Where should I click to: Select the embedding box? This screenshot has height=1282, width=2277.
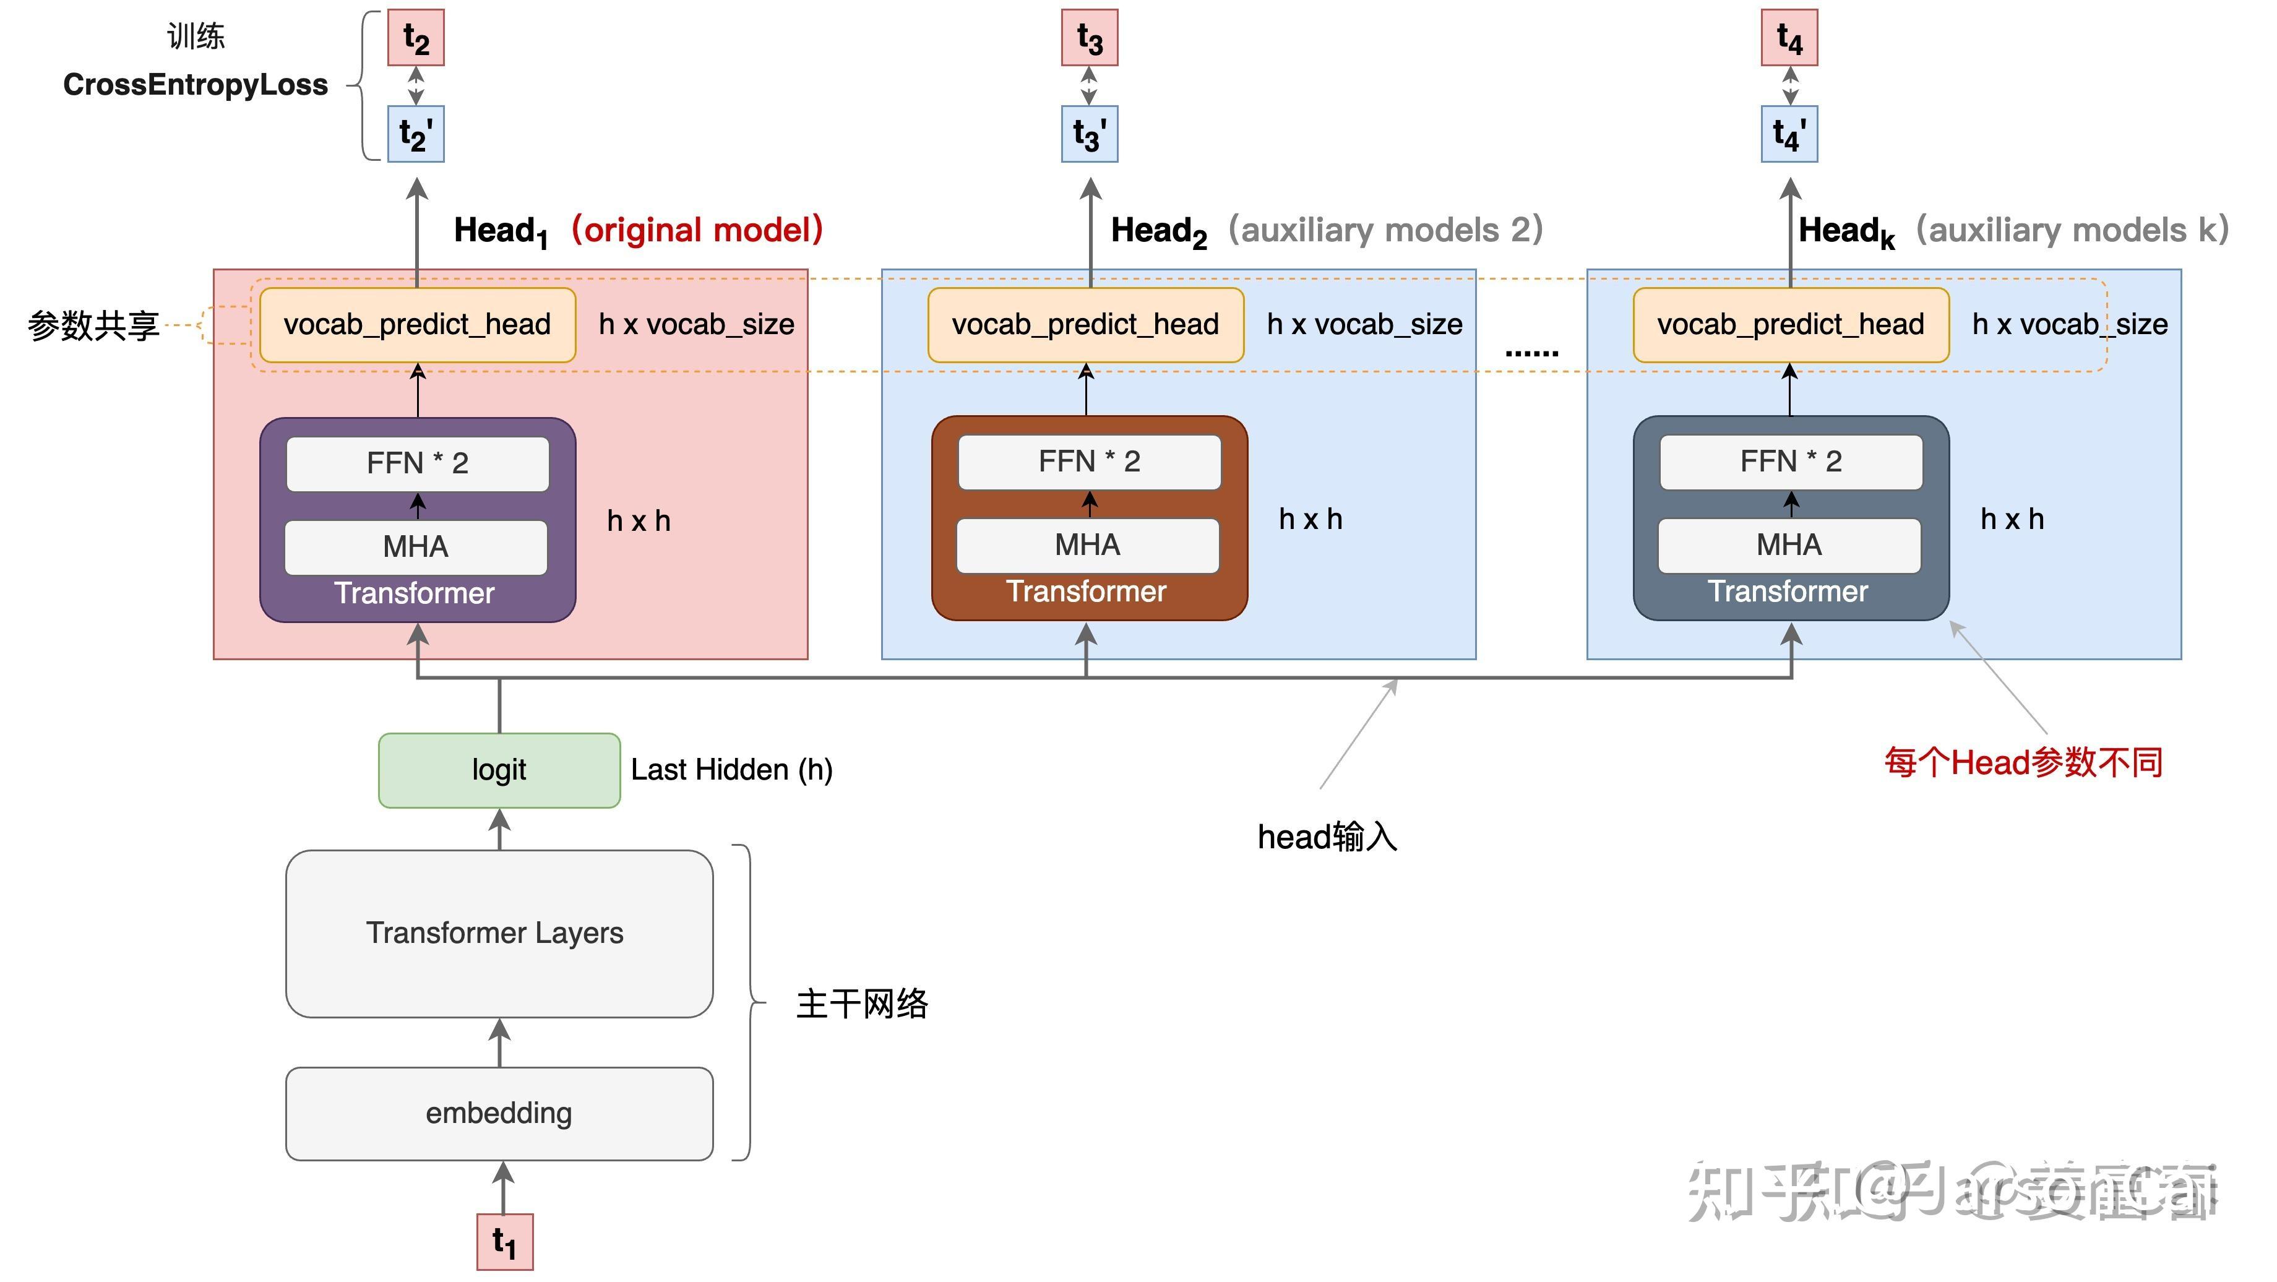pyautogui.click(x=499, y=1113)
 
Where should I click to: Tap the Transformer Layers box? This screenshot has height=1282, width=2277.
pyautogui.click(x=499, y=933)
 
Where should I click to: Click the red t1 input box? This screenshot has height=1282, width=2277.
pyautogui.click(x=505, y=1241)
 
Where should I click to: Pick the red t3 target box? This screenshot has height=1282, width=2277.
pyautogui.click(x=1090, y=38)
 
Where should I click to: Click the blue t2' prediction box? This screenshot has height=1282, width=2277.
pyautogui.click(x=415, y=134)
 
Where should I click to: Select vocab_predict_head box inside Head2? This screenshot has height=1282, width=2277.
pyautogui.click(x=1085, y=324)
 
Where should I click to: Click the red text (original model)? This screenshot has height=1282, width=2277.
pyautogui.click(x=697, y=230)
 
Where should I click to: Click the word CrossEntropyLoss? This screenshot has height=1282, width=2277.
pyautogui.click(x=196, y=85)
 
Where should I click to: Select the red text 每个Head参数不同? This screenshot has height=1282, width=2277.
pyautogui.click(x=2023, y=762)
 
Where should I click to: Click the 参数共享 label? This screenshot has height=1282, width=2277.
pyautogui.click(x=93, y=325)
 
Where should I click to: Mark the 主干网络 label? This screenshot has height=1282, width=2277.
pyautogui.click(x=862, y=1004)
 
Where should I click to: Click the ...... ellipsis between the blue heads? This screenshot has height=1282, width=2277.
pyautogui.click(x=1531, y=352)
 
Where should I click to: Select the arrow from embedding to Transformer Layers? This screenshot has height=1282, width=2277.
pyautogui.click(x=501, y=1043)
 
